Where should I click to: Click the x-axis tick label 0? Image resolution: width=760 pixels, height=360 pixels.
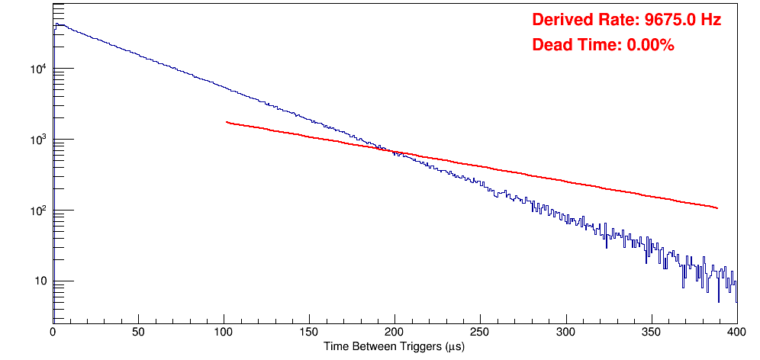[53, 333]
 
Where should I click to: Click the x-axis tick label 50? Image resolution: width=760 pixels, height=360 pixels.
[138, 333]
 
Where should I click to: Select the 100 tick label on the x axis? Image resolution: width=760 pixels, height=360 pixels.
[224, 333]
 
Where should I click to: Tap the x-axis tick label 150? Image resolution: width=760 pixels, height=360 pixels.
[309, 333]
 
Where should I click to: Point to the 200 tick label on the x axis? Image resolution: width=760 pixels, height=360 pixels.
[394, 333]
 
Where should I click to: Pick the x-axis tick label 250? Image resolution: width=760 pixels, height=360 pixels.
[480, 333]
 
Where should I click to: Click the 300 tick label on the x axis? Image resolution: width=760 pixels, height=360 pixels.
[565, 333]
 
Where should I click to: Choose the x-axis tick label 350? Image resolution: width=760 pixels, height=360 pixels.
[651, 333]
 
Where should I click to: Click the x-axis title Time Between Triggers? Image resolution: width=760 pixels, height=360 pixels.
[394, 347]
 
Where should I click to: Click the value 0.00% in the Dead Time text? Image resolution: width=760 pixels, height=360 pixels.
[650, 46]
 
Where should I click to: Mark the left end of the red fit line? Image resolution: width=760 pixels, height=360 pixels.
[227, 122]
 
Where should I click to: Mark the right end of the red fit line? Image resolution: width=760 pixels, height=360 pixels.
[717, 207]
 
